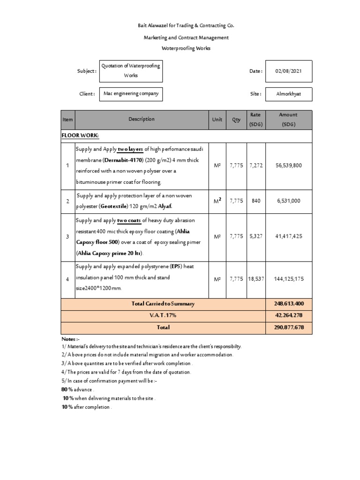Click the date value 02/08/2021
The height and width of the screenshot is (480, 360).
(x=288, y=71)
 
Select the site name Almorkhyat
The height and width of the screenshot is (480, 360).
(x=288, y=94)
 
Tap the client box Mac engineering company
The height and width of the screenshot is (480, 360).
(x=131, y=94)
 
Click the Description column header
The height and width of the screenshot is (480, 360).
(x=141, y=119)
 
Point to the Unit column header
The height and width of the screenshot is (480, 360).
(x=217, y=120)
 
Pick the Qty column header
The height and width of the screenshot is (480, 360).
(x=236, y=120)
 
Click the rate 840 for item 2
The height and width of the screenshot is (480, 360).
(x=255, y=201)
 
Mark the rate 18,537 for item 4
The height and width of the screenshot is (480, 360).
(x=255, y=279)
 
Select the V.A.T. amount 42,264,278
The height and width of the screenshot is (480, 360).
(x=288, y=315)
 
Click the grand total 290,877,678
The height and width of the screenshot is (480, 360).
(x=288, y=327)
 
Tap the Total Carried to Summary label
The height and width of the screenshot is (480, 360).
(x=163, y=304)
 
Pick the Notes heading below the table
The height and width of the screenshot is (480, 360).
(x=71, y=338)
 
